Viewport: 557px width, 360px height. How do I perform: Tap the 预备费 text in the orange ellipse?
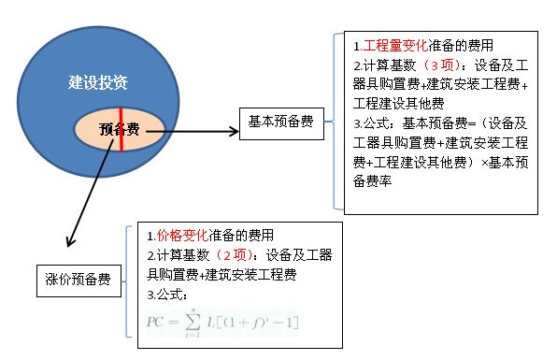point(120,130)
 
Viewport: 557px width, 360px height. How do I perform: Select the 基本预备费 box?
point(280,121)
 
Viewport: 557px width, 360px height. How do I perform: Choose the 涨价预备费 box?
point(77,279)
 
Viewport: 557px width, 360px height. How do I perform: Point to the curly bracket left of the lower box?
point(127,282)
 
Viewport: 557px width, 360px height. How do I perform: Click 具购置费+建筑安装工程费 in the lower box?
point(221,274)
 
